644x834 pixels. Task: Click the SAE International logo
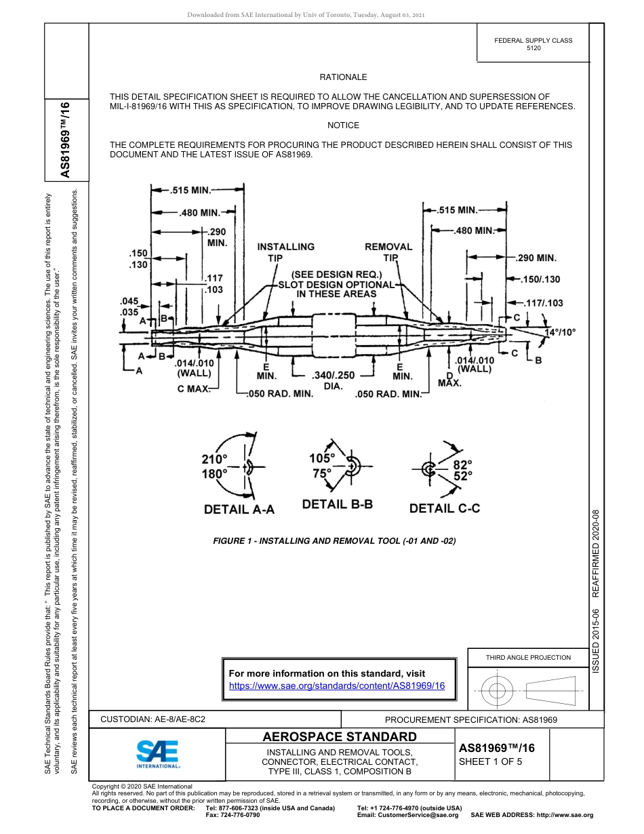pyautogui.click(x=157, y=753)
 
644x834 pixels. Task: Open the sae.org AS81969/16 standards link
pyautogui.click(x=337, y=686)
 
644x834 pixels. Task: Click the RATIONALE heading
pyautogui.click(x=343, y=77)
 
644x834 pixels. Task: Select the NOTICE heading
pyautogui.click(x=343, y=125)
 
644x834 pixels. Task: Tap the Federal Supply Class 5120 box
pyautogui.click(x=533, y=45)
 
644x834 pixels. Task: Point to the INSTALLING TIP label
pyautogui.click(x=285, y=252)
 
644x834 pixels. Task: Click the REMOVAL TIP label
pyautogui.click(x=388, y=252)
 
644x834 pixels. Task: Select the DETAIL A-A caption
pyautogui.click(x=239, y=509)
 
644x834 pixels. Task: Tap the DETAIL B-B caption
pyautogui.click(x=338, y=504)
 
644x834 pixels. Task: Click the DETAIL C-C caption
pyautogui.click(x=444, y=508)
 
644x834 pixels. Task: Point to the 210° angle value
pyautogui.click(x=214, y=459)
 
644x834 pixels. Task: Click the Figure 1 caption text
pyautogui.click(x=334, y=541)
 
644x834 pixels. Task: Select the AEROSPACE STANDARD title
pyautogui.click(x=339, y=737)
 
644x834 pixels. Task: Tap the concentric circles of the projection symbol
pyautogui.click(x=498, y=691)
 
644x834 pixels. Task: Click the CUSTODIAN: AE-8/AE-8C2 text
pyautogui.click(x=153, y=719)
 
